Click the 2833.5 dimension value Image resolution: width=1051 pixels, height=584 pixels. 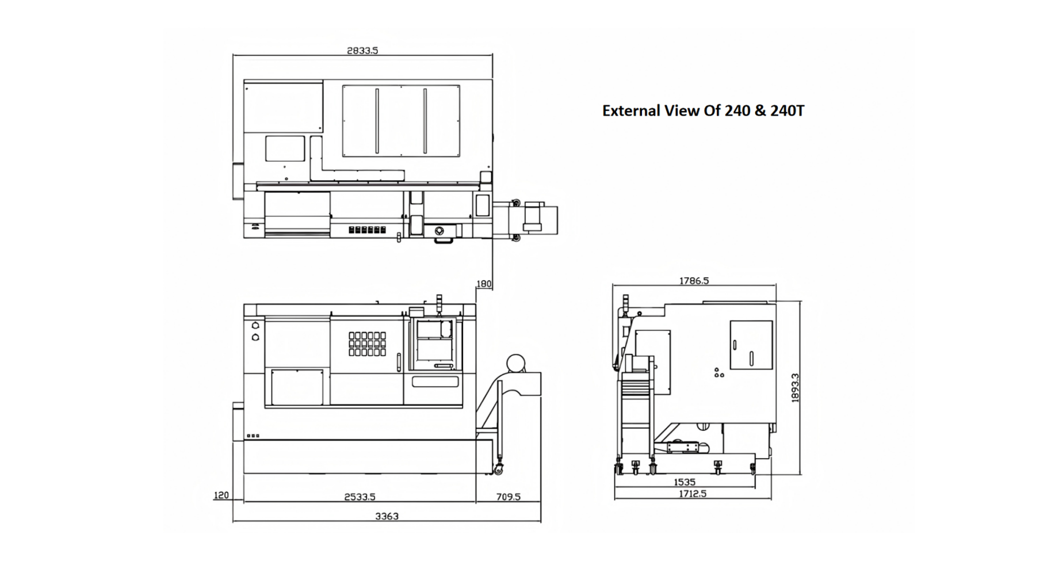point(362,51)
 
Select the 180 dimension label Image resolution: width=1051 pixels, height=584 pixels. point(484,284)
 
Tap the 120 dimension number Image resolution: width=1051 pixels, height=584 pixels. point(221,495)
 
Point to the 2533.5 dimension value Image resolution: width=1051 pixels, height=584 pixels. point(360,497)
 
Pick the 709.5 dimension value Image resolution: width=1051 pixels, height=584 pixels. point(508,497)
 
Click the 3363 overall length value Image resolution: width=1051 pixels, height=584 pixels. point(387,516)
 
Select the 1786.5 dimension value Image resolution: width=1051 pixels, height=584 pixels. point(694,281)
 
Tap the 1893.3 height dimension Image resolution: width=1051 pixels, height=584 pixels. point(795,388)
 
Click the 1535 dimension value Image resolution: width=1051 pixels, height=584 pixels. point(685,482)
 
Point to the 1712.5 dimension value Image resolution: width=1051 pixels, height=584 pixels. point(692,494)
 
